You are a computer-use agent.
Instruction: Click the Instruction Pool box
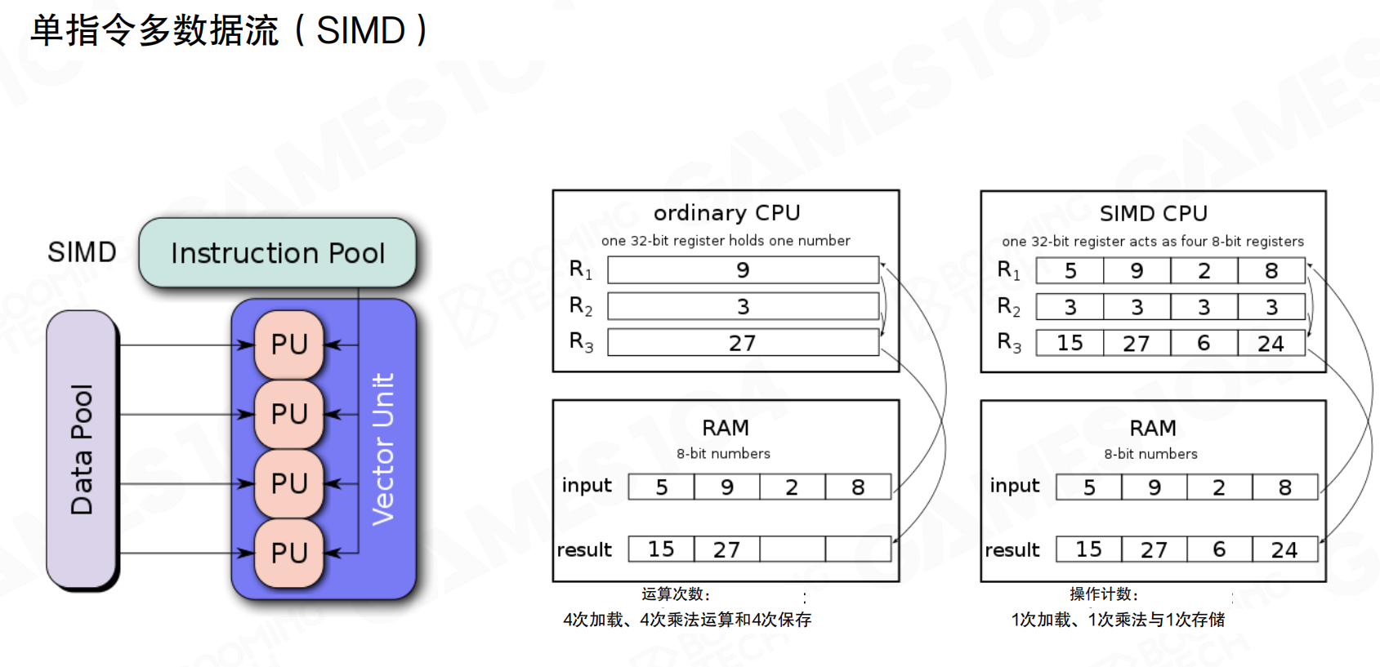coord(277,253)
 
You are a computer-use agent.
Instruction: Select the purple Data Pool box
coord(82,449)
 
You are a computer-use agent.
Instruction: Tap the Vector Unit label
coord(383,449)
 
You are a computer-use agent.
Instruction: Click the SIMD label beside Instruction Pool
coord(82,252)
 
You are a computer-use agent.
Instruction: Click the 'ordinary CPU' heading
coord(726,213)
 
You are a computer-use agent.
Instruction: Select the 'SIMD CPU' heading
coord(1153,214)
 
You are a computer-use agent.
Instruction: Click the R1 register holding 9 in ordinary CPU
coord(743,270)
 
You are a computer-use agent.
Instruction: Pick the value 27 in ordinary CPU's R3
coord(743,343)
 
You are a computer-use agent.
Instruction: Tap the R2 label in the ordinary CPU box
coord(581,307)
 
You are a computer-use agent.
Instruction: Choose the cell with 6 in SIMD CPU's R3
coord(1204,343)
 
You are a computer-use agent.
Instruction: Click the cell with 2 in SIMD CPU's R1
coord(1204,271)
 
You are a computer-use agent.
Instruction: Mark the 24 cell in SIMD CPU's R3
coord(1271,343)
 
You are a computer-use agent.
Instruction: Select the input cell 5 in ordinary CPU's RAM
coord(662,487)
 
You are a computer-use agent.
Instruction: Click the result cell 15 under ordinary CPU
coord(662,549)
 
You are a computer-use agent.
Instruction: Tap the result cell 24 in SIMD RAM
coord(1284,550)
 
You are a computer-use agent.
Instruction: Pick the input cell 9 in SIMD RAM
coord(1154,487)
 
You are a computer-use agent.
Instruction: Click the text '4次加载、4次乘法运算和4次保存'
coord(687,620)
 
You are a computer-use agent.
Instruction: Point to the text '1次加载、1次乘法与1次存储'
coord(1118,620)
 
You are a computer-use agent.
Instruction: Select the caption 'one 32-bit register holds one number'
coord(726,241)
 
